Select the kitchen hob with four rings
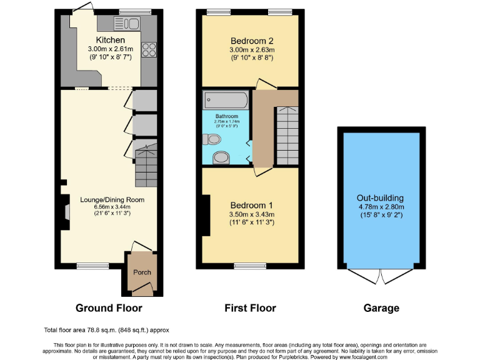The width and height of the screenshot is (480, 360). (149, 49)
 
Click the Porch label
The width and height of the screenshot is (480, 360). (142, 272)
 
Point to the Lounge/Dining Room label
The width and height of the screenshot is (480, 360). (112, 200)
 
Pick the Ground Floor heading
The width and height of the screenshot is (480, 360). (109, 308)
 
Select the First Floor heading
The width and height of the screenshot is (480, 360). (250, 308)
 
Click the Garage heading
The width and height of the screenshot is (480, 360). (381, 308)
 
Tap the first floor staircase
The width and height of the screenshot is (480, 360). (287, 134)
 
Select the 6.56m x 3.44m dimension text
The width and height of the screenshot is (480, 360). (112, 208)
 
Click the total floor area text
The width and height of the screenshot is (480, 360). (106, 329)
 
